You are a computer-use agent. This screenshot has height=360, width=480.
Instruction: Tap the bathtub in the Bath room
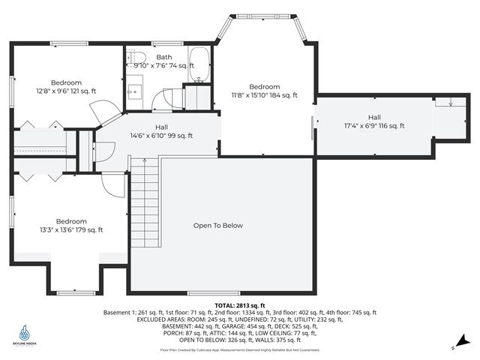[199, 65]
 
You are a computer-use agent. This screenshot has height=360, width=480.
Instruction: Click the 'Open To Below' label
[217, 226]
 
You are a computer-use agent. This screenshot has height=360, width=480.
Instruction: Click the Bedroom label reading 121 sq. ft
[66, 87]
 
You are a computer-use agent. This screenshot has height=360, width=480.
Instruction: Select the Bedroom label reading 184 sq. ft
[264, 91]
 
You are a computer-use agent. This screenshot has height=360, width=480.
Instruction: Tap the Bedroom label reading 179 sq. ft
[71, 226]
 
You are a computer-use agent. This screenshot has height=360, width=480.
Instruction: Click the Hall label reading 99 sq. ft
[161, 131]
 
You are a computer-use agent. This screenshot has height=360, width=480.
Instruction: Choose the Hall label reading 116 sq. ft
[373, 121]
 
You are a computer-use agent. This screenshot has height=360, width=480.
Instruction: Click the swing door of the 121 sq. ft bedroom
[102, 112]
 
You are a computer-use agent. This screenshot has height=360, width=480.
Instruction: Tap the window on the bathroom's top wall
[163, 43]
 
